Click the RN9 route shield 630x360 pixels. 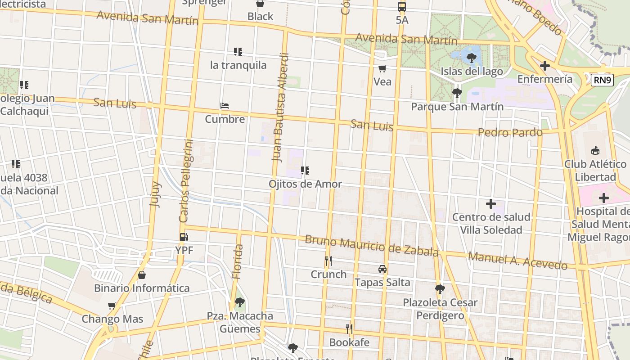coord(603,80)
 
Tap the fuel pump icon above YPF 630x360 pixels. coord(184,237)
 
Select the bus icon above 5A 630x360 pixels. coord(402,7)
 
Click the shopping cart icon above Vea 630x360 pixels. coord(382,69)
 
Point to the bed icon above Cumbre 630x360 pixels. coord(225,106)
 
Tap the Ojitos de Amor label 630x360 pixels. coord(305,184)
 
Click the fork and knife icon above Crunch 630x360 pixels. coord(328,261)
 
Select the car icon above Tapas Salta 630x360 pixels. coord(382,269)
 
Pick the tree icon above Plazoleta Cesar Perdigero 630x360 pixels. coord(440,289)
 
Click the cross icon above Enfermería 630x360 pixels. coord(544,66)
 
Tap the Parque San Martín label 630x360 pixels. coord(457,107)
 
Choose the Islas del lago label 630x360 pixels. coord(472,71)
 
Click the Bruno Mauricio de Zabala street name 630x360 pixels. coord(371,246)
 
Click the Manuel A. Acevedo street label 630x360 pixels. coord(517,261)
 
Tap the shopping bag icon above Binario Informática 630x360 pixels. coord(142,275)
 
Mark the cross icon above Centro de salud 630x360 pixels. coord(490,204)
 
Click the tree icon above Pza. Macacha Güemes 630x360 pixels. coord(240,302)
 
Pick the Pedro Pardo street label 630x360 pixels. coord(510,132)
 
